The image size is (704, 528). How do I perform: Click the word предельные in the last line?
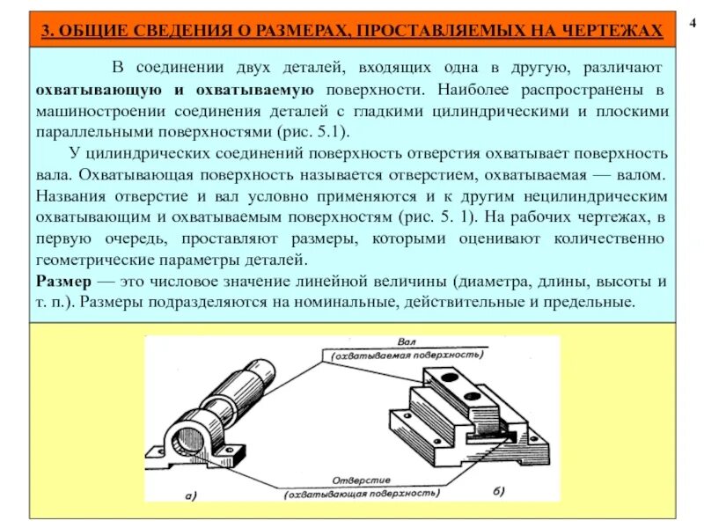pos(589,302)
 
